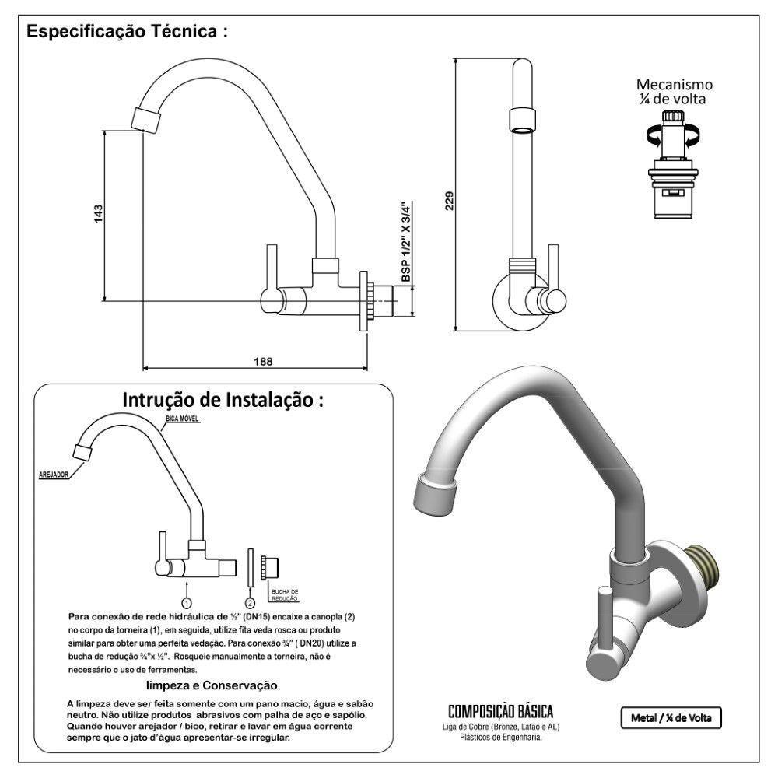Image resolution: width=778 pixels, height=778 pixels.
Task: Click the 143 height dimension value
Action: tap(98, 214)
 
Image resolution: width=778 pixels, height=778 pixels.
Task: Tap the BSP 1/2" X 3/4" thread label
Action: tap(405, 242)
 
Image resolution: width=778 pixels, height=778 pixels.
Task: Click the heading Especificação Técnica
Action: tap(127, 33)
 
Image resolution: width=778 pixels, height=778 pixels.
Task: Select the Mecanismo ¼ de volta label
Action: tap(674, 91)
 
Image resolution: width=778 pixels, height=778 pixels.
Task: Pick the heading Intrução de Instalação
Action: tap(223, 400)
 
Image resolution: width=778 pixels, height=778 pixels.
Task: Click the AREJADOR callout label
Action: tap(54, 473)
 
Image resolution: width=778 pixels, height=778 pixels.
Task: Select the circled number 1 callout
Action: tap(187, 602)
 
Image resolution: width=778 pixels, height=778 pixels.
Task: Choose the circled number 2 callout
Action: tap(250, 602)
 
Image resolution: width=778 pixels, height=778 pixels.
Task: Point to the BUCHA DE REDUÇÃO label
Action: tap(284, 595)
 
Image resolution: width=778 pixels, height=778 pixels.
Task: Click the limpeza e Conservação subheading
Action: tap(212, 685)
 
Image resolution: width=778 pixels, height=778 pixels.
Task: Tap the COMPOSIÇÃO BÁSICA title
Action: tap(500, 712)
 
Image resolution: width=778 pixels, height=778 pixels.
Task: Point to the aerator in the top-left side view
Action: tap(147, 119)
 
